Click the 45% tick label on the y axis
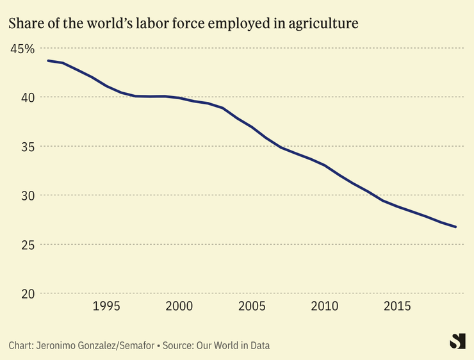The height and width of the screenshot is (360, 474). [x=22, y=49]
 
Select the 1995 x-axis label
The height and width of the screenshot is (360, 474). [x=106, y=306]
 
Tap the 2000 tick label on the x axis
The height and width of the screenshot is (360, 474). [x=179, y=306]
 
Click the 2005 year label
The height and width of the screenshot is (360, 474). [x=252, y=306]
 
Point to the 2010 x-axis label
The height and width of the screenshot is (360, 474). [x=325, y=306]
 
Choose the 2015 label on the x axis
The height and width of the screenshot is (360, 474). [x=397, y=306]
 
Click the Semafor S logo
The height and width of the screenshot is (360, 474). [x=457, y=341]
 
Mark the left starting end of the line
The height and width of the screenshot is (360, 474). [x=48, y=61]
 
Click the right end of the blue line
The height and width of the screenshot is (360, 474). [x=455, y=227]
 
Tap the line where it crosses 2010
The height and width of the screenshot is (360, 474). [x=325, y=165]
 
